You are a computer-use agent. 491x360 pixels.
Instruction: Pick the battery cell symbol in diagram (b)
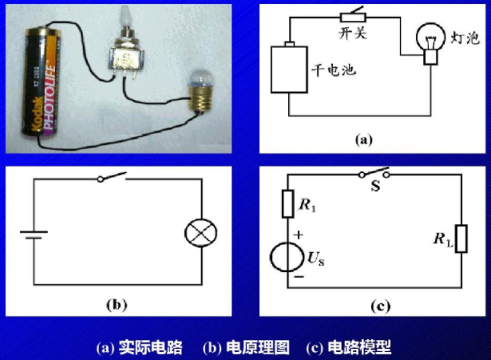point(34,235)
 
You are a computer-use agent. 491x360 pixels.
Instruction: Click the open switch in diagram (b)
point(113,178)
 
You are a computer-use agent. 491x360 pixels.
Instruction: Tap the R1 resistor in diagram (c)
point(288,204)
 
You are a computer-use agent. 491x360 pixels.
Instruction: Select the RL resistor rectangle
point(461,238)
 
